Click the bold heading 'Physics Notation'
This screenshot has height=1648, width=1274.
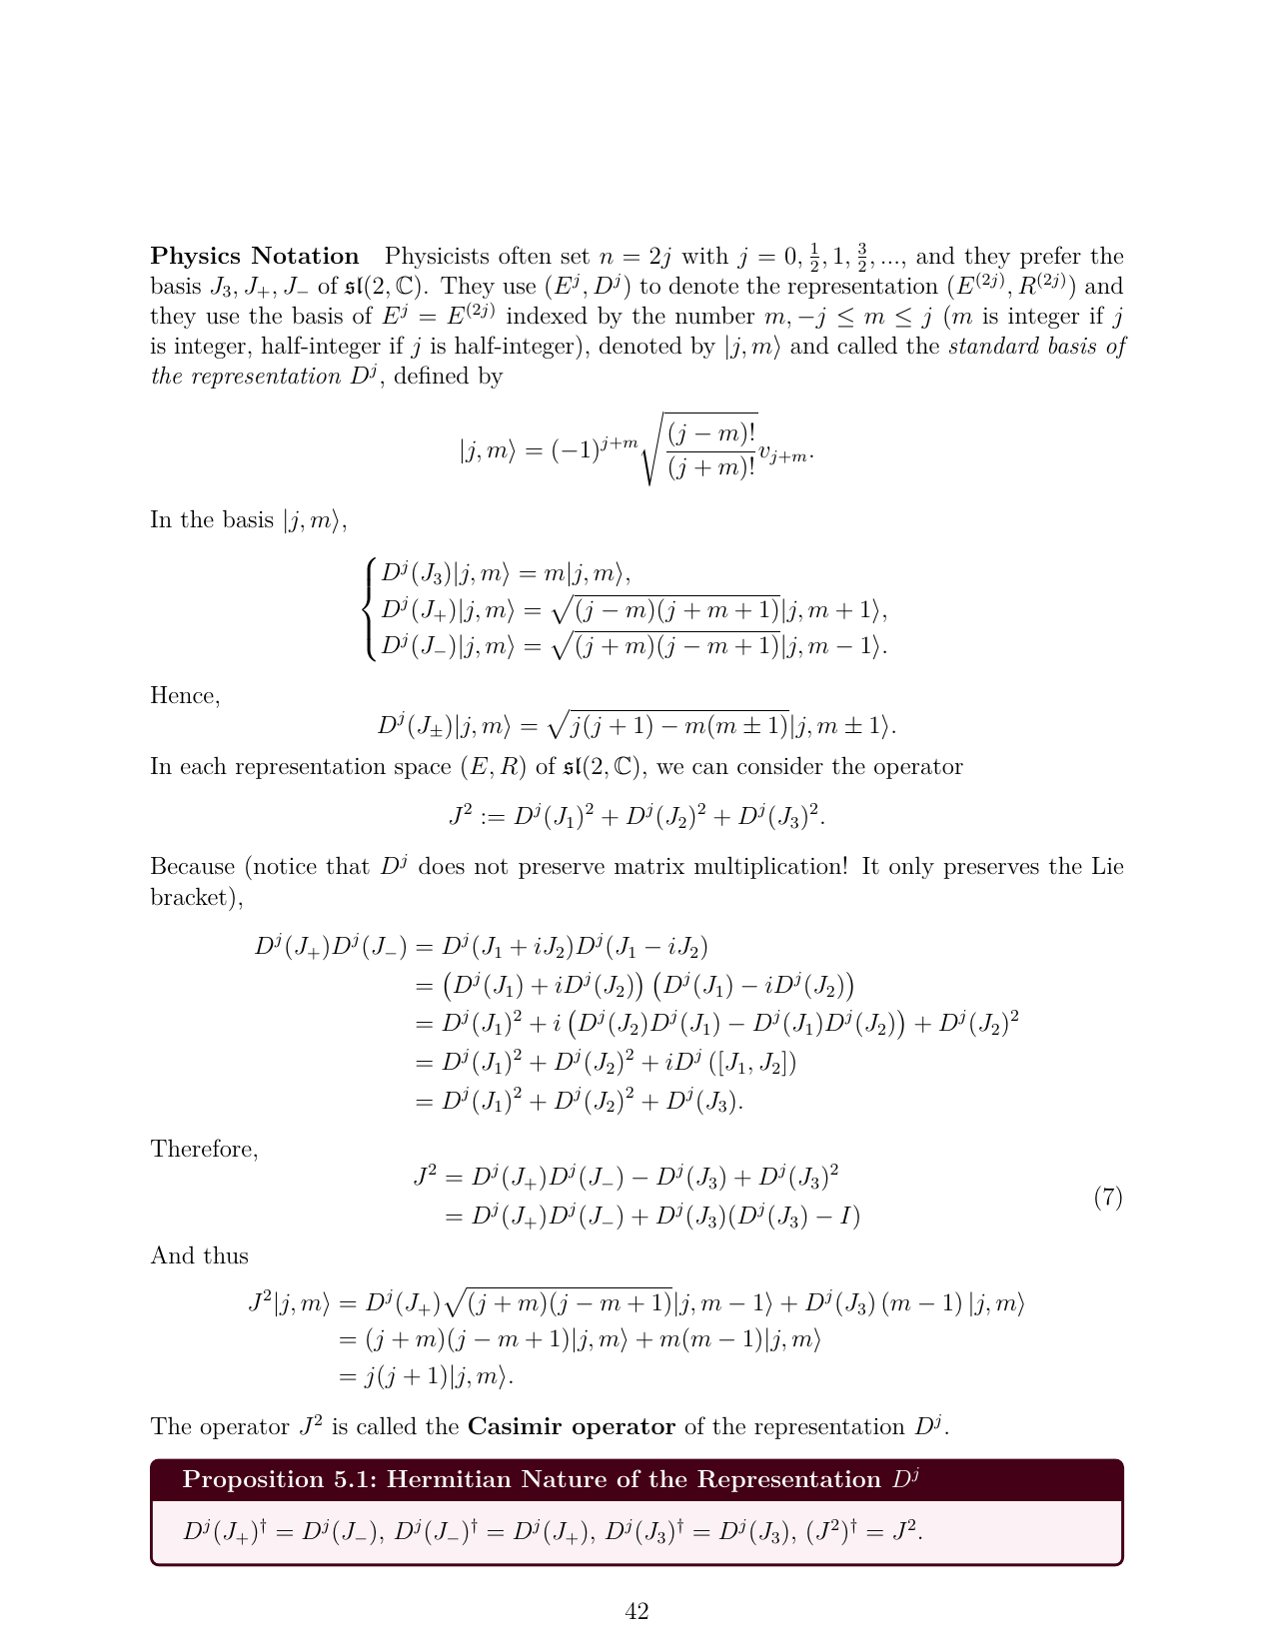click(254, 257)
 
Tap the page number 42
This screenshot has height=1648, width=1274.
click(637, 1611)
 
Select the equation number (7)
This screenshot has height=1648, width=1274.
click(1108, 1197)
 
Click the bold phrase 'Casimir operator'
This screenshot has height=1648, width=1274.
click(571, 1426)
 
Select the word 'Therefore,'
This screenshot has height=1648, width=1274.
click(204, 1150)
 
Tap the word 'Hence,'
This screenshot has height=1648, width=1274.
click(185, 696)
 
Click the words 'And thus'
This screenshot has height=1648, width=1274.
click(199, 1255)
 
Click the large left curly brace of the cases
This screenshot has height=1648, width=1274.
click(372, 609)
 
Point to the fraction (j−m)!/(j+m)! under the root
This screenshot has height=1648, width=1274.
click(711, 449)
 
